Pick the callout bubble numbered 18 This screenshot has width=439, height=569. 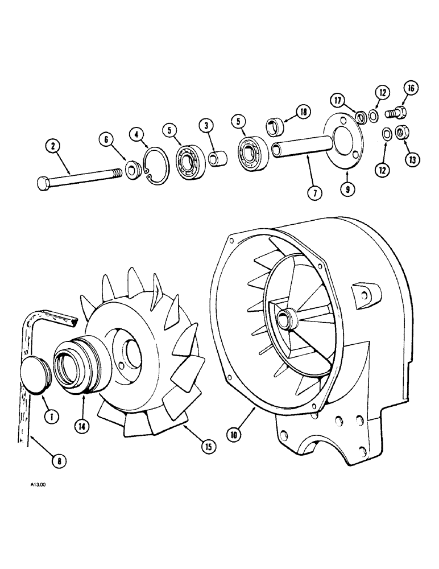click(301, 112)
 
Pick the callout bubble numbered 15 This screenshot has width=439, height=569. click(208, 447)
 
